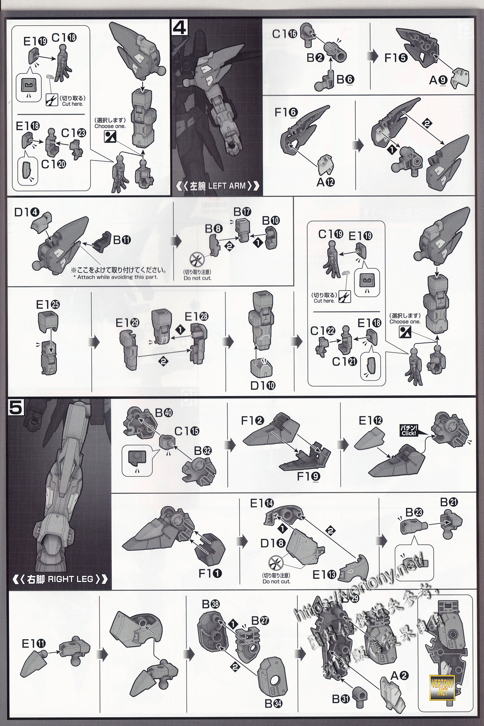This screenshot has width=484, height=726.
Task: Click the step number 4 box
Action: pos(179,28)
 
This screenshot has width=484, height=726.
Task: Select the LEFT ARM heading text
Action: pos(217,186)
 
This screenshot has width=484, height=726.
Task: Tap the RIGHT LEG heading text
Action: pos(60,579)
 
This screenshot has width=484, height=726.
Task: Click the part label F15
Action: pos(396,58)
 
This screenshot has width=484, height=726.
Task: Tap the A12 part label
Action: pos(326,182)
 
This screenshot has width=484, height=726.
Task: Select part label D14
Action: pos(27,212)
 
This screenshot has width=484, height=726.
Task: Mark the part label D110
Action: pos(263,385)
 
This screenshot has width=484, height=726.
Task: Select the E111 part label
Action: pos(34,644)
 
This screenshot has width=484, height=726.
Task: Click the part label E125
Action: pos(48,305)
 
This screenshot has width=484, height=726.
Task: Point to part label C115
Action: pos(187,431)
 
